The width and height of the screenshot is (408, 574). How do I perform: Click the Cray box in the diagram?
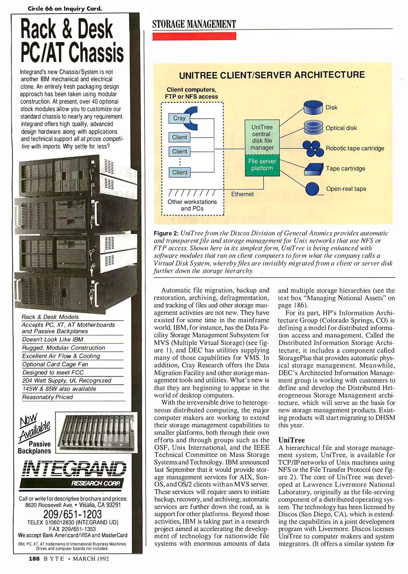click(x=179, y=118)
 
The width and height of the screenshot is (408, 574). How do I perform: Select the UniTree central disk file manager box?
click(x=262, y=137)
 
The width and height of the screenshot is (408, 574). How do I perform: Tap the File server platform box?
click(x=262, y=165)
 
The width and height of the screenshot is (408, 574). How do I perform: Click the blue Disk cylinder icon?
click(x=313, y=107)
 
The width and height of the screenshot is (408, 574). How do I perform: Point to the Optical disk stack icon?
click(x=313, y=128)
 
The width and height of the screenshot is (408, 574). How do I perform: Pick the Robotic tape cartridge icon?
click(x=313, y=148)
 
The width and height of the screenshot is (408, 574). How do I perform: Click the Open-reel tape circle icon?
click(x=312, y=189)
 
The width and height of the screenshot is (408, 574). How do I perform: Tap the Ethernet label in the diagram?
click(x=242, y=194)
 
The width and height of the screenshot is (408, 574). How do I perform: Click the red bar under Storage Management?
click(x=194, y=36)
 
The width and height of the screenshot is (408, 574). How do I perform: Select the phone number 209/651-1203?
click(x=72, y=514)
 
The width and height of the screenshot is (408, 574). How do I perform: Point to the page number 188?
click(x=34, y=559)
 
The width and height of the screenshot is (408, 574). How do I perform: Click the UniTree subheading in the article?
click(x=291, y=440)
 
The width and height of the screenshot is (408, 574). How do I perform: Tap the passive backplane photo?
click(x=96, y=432)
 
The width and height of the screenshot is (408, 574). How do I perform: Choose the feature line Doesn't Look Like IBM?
click(x=53, y=339)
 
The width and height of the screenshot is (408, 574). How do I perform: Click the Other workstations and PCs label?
click(x=192, y=205)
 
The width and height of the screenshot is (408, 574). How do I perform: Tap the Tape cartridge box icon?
click(x=314, y=169)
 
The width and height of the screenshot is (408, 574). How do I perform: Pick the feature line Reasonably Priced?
click(x=47, y=397)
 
